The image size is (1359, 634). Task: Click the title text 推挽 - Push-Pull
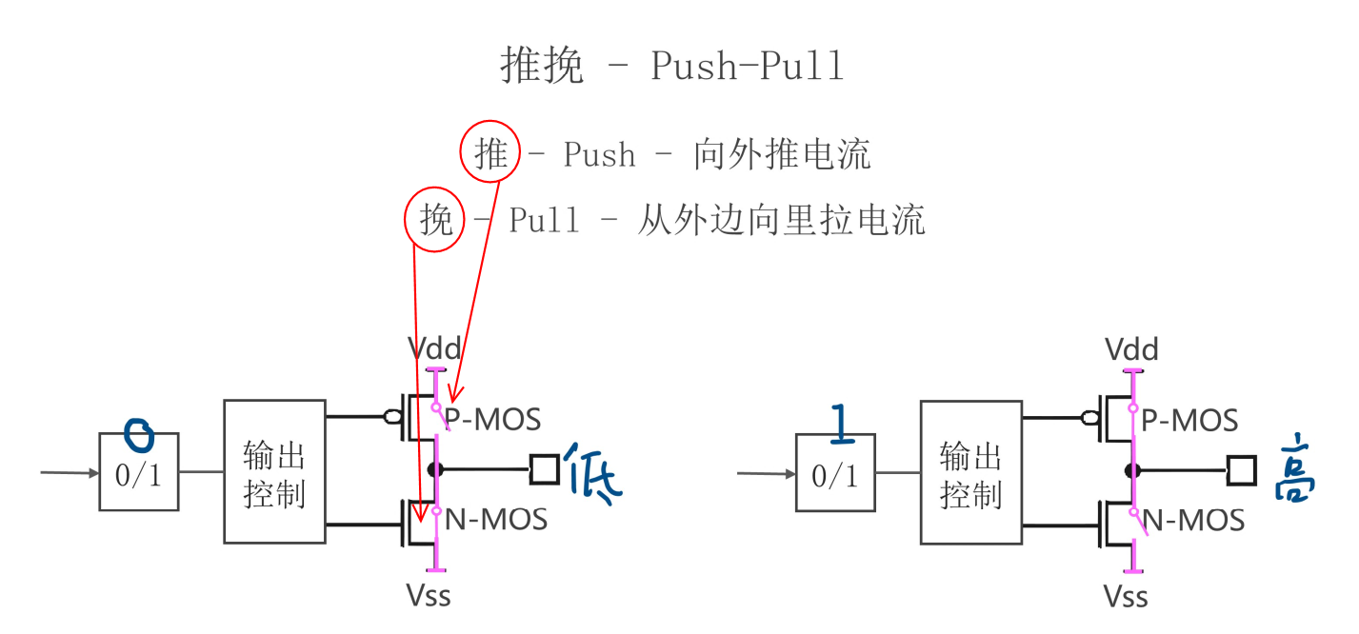click(x=672, y=67)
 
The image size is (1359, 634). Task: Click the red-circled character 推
click(x=490, y=154)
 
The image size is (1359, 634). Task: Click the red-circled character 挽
click(x=435, y=220)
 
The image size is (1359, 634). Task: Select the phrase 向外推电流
click(x=781, y=154)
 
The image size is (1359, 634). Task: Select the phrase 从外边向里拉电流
click(x=780, y=220)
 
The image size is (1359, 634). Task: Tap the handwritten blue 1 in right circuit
click(x=839, y=425)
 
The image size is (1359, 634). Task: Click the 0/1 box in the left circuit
click(x=139, y=473)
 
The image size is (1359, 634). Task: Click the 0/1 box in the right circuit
click(x=835, y=473)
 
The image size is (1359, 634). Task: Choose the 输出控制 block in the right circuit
click(x=969, y=472)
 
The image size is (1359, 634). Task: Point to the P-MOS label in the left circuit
click(x=493, y=419)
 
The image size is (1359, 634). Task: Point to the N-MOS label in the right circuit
click(x=1193, y=520)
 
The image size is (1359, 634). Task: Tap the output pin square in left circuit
click(x=544, y=469)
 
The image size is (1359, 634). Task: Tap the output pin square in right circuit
click(x=1241, y=469)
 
